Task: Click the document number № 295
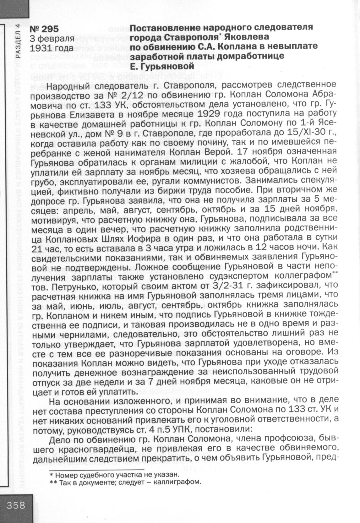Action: click(44, 30)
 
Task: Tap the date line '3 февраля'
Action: click(52, 39)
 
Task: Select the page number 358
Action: click(16, 505)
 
